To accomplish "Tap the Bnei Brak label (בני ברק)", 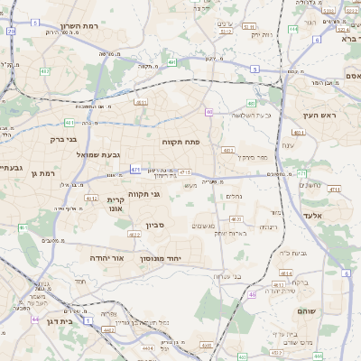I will tap(62, 140).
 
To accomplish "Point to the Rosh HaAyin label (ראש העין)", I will tap(318, 115).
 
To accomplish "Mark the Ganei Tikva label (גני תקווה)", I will tap(143, 193).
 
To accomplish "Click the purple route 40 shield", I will tap(209, 112).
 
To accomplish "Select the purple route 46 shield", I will tap(252, 294).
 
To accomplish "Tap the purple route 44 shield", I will tap(35, 319).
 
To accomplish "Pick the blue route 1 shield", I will tap(88, 319).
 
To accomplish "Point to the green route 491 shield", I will tap(171, 62).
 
